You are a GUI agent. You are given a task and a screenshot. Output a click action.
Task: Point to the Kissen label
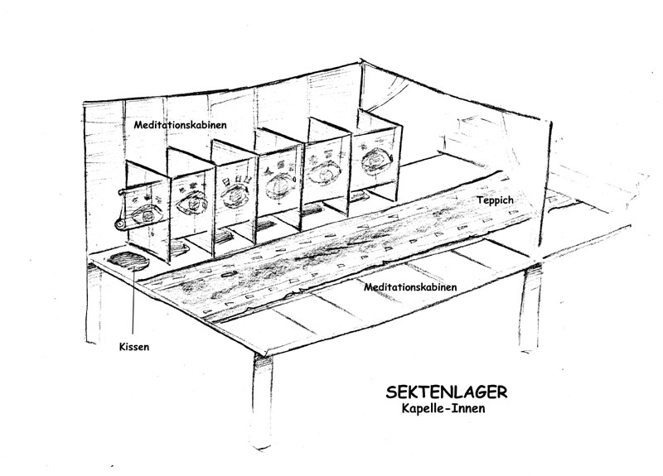(134, 346)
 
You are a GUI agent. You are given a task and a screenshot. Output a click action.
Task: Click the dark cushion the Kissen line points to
(128, 261)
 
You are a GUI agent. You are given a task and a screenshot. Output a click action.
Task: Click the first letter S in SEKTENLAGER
(394, 391)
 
